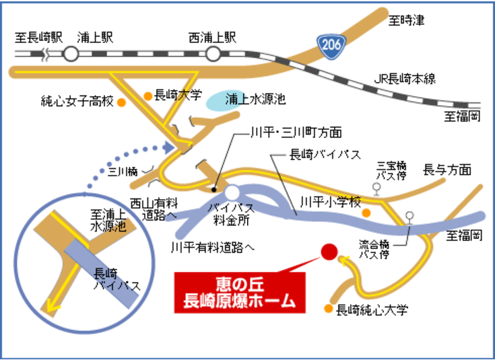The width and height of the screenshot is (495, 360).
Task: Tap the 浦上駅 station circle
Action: (x=71, y=55)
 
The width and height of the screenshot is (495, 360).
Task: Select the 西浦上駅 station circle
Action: (x=213, y=55)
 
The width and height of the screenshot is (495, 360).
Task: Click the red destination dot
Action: (x=328, y=252)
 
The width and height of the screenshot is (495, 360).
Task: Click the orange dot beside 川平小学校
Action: (x=366, y=213)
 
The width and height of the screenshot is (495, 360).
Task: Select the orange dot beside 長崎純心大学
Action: (x=328, y=310)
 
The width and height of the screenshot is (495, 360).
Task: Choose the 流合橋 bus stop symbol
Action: (x=409, y=217)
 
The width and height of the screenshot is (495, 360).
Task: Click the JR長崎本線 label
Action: (x=404, y=79)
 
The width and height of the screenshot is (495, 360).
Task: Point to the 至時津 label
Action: (x=407, y=21)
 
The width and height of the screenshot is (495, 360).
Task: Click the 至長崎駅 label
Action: (x=39, y=37)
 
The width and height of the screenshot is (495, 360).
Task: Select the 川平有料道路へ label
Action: (x=213, y=247)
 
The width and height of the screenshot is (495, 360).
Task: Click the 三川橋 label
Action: (x=124, y=172)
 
